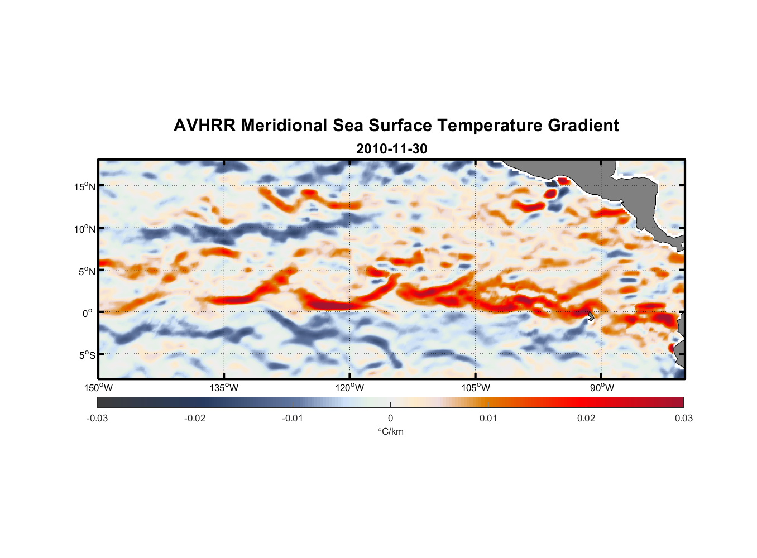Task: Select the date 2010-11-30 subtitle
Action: pyautogui.click(x=391, y=149)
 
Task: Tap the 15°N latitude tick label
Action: pyautogui.click(x=85, y=186)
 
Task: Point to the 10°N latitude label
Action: pyautogui.click(x=85, y=229)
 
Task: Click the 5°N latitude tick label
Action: pyautogui.click(x=87, y=271)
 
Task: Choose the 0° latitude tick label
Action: pyautogui.click(x=88, y=313)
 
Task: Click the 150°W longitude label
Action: pyautogui.click(x=98, y=388)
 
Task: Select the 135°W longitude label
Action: pyautogui.click(x=224, y=388)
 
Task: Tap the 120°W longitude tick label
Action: pyautogui.click(x=350, y=388)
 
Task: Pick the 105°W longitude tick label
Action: pyautogui.click(x=476, y=388)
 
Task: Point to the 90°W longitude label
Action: pyautogui.click(x=602, y=388)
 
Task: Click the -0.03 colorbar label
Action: pyautogui.click(x=97, y=419)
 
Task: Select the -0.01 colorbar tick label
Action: pyautogui.click(x=293, y=419)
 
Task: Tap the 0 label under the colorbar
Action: pyautogui.click(x=390, y=419)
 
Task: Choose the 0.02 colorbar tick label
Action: pyautogui.click(x=586, y=419)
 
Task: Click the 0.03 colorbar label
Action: pyautogui.click(x=683, y=419)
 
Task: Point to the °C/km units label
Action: pyautogui.click(x=390, y=432)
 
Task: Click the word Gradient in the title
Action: pyautogui.click(x=583, y=126)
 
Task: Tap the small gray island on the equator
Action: pyautogui.click(x=591, y=316)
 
